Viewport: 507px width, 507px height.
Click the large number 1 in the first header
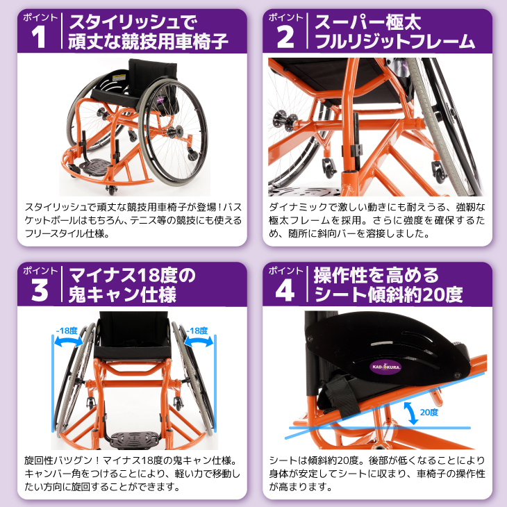point(38,38)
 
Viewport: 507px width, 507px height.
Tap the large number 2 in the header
point(285,38)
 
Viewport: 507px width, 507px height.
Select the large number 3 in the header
point(40,290)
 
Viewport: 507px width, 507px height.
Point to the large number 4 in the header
point(285,290)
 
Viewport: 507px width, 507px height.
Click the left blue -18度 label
point(67,331)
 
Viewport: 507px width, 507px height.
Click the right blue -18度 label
point(197,331)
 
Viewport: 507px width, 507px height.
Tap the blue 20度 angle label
point(429,413)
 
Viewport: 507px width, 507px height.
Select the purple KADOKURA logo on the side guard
point(385,367)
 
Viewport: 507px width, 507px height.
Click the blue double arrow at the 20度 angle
point(410,413)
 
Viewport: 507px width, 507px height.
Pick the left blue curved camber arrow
point(68,341)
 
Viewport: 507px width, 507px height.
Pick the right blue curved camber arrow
point(199,341)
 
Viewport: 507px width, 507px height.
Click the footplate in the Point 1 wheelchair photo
point(95,167)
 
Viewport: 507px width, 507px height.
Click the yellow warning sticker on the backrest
point(119,78)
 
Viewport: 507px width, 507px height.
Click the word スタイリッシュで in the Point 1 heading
point(133,23)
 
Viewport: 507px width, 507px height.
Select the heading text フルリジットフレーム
point(394,42)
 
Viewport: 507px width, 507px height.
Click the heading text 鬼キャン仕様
point(122,294)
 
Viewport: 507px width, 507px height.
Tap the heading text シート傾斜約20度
point(388,294)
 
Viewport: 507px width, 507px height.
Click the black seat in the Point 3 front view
point(132,352)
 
